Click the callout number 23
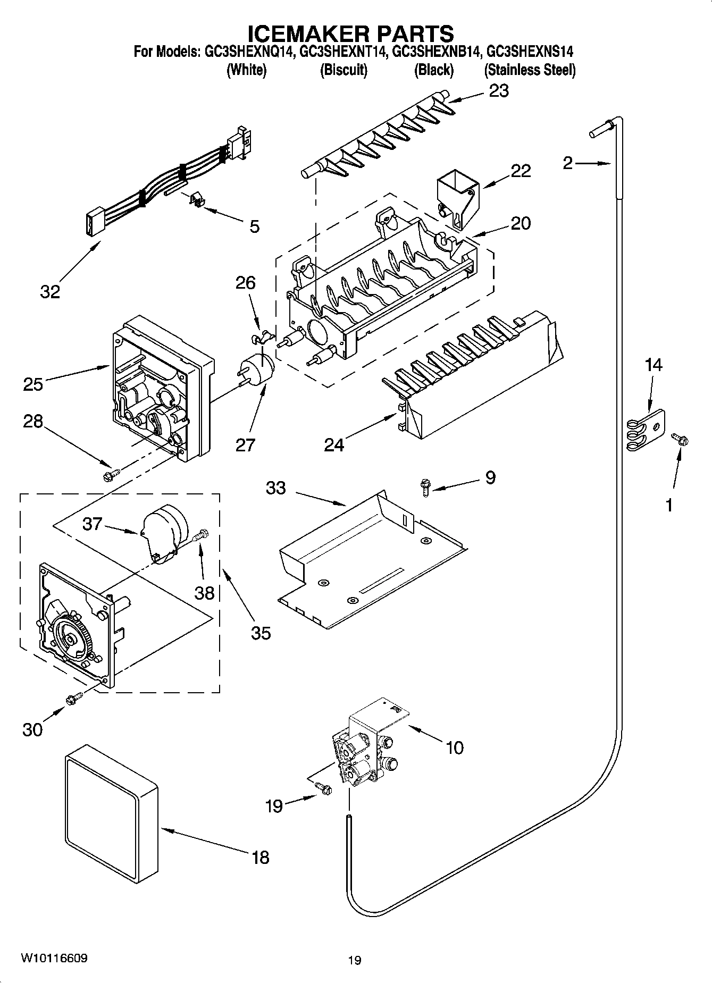[x=499, y=91]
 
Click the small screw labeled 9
[x=425, y=487]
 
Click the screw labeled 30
[x=73, y=699]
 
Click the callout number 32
[x=50, y=291]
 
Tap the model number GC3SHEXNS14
[x=530, y=52]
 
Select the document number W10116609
[x=54, y=958]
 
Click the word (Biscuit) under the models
[x=344, y=70]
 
